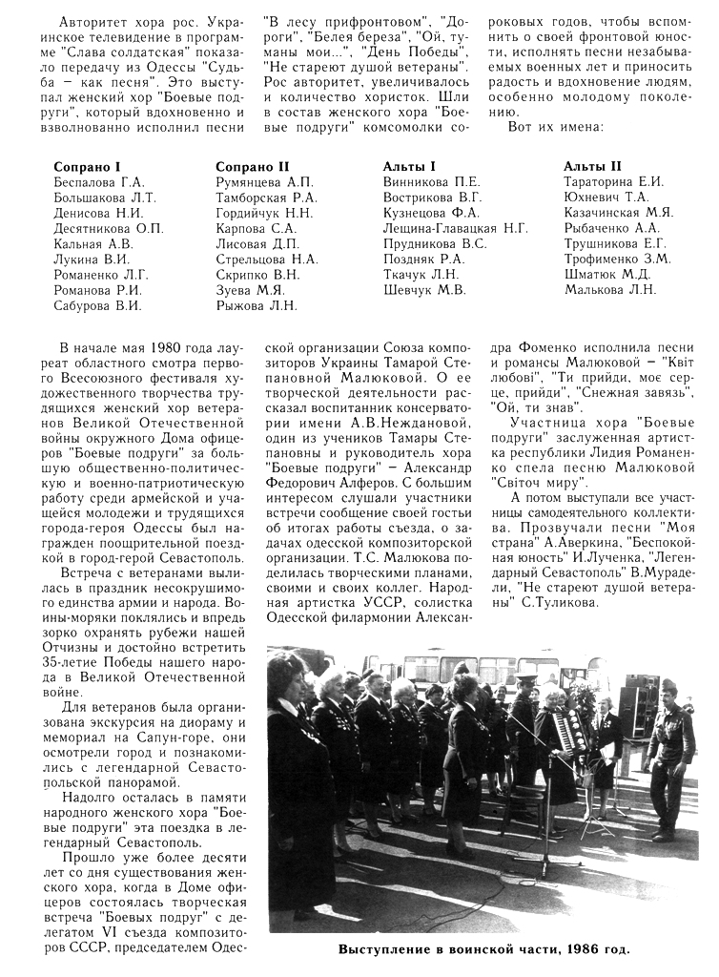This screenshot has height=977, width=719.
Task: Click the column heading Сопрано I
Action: coord(87,166)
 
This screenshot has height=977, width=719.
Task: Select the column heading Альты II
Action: coord(592,166)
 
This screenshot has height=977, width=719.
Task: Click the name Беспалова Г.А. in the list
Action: coord(99,181)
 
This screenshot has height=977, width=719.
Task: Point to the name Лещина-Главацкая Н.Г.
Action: coord(455,228)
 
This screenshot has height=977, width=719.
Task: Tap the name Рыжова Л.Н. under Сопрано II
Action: coord(256,305)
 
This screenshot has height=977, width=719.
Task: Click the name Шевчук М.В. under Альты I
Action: coord(424,290)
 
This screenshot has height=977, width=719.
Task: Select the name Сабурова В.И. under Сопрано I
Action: coord(97,305)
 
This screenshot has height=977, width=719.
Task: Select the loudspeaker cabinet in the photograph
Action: coord(635,707)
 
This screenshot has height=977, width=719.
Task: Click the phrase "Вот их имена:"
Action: coord(554,127)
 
